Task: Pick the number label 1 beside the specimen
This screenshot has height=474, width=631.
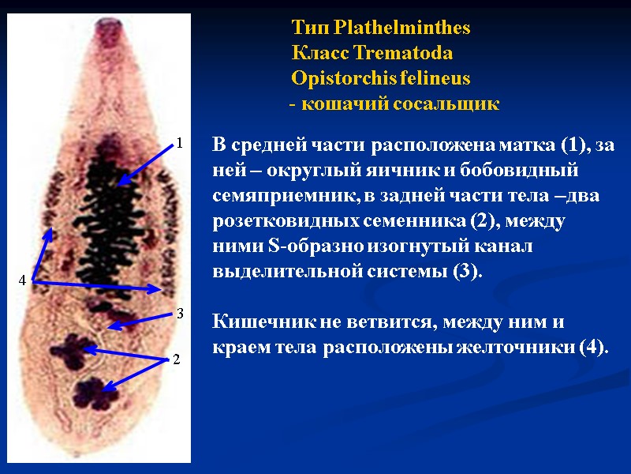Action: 180,144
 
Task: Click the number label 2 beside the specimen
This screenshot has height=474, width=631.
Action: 177,359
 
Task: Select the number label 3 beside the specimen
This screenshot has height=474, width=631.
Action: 180,314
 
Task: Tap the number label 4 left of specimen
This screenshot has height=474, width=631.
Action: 23,280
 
